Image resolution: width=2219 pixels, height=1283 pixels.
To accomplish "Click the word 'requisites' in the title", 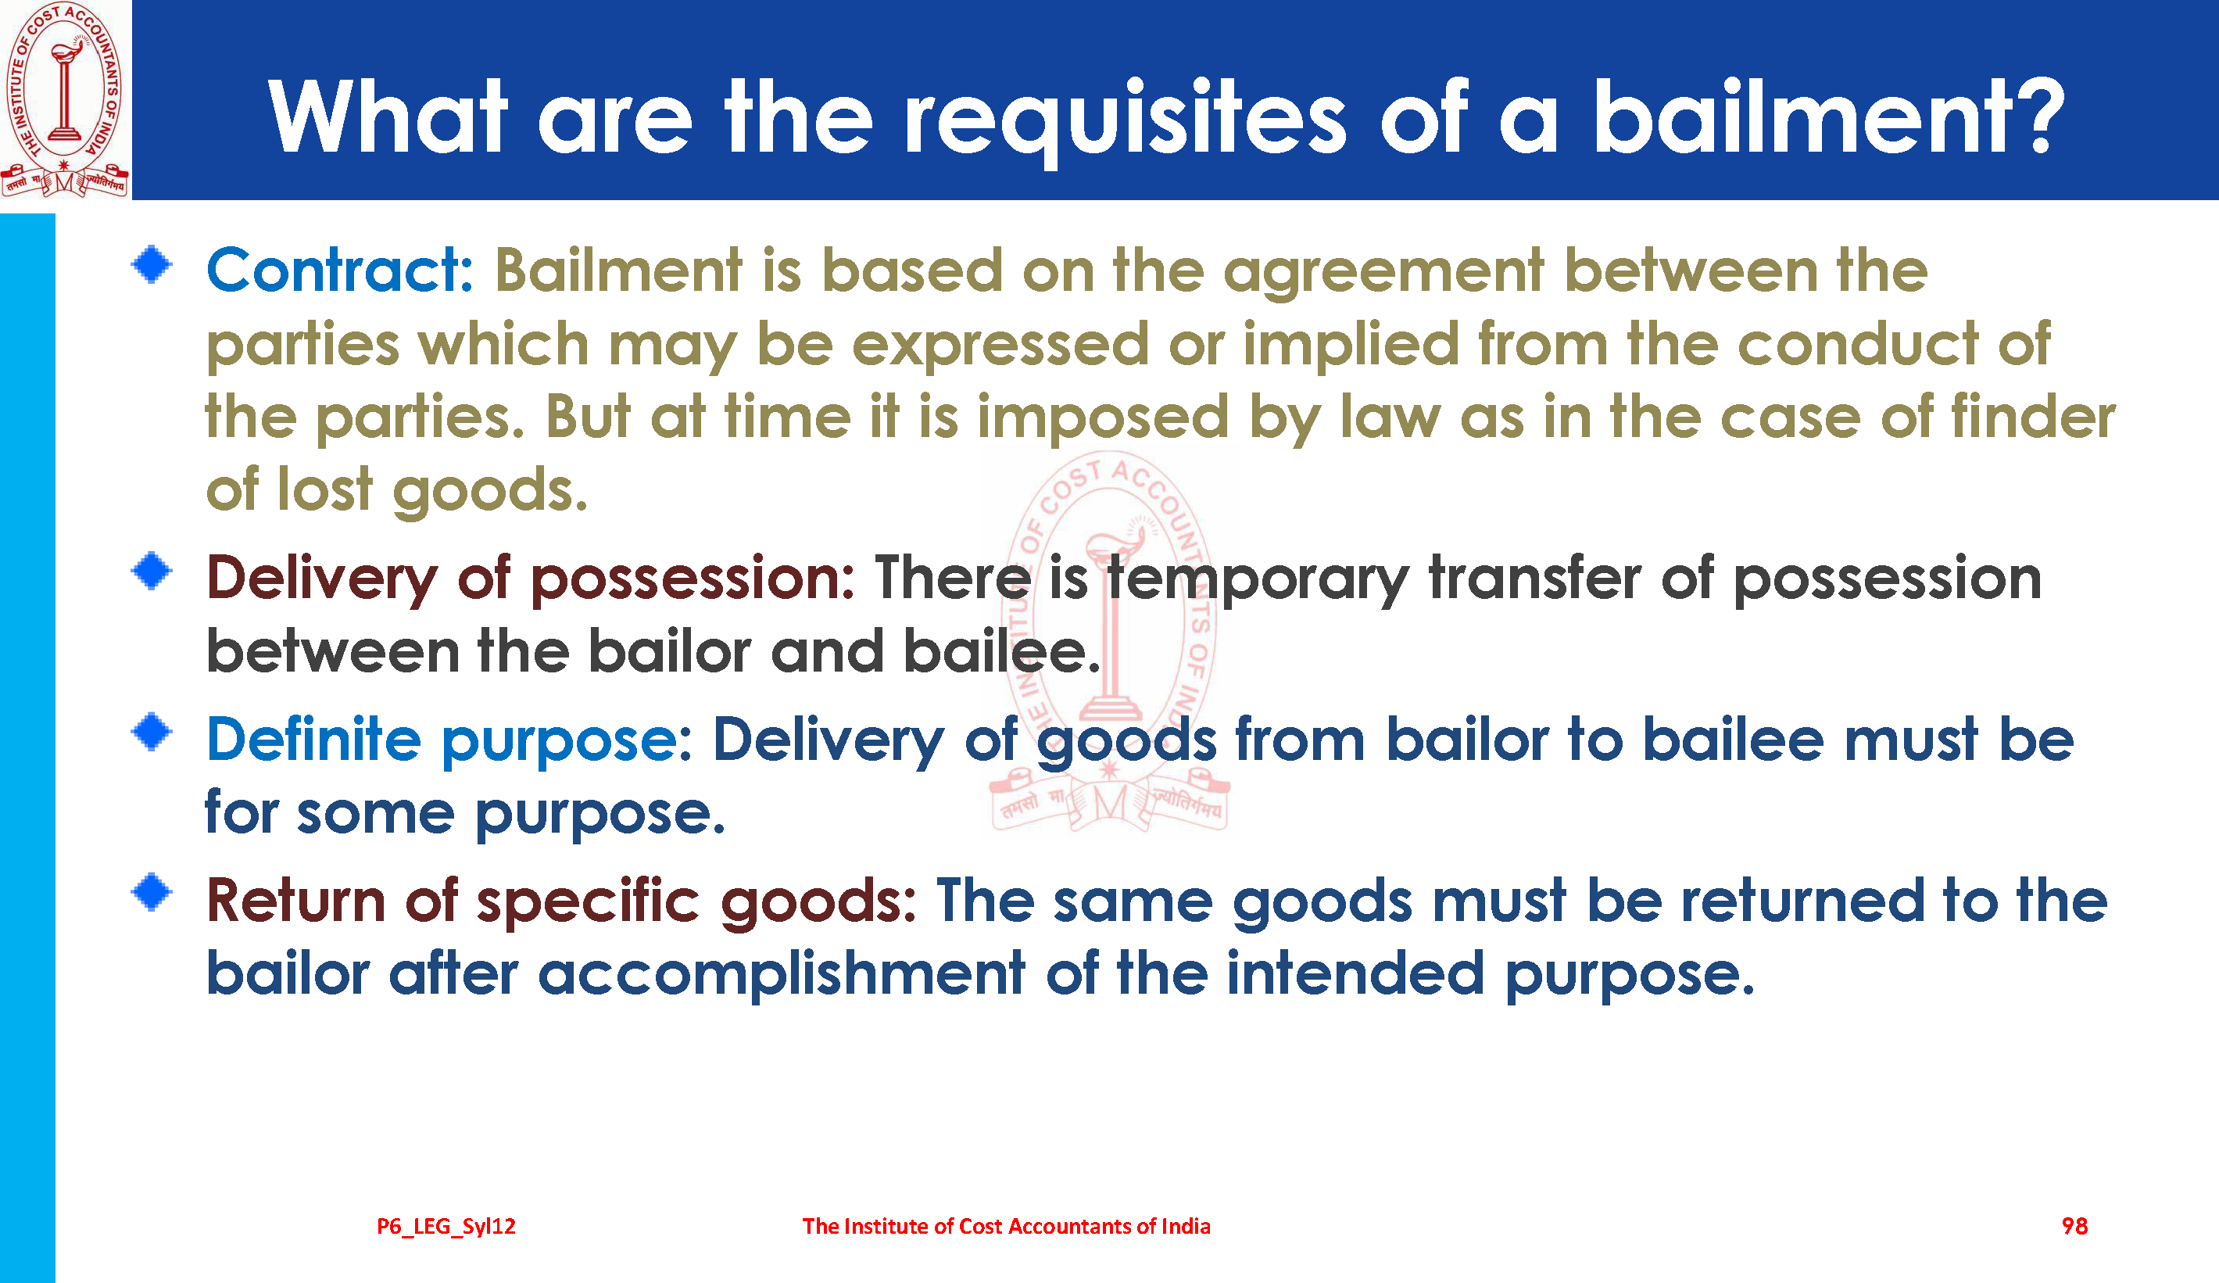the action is click(x=1126, y=119).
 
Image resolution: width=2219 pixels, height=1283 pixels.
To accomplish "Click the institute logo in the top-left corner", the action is click(x=65, y=99).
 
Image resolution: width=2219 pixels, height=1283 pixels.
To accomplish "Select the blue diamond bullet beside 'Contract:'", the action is click(x=152, y=265).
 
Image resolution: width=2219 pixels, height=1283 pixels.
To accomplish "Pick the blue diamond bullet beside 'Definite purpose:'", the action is click(x=152, y=733).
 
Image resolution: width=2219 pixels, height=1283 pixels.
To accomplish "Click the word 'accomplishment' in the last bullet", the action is click(x=781, y=975).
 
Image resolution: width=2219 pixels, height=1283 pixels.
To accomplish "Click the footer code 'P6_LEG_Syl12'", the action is click(x=446, y=1227).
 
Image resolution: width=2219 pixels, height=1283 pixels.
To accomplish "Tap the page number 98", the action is click(x=2074, y=1226).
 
